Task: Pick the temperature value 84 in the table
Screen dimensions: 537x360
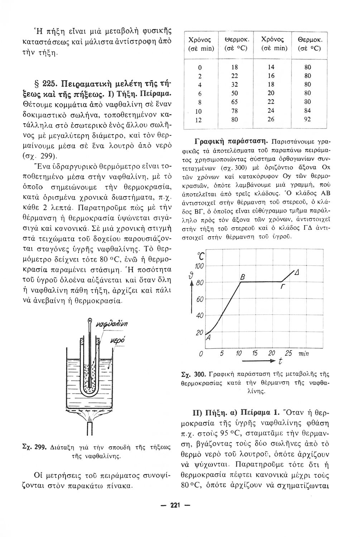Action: (307, 111)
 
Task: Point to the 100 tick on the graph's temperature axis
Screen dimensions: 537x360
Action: (199, 266)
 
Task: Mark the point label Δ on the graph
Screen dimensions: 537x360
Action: (297, 273)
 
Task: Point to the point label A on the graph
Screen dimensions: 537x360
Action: (208, 338)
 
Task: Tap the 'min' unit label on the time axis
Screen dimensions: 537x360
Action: (303, 354)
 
